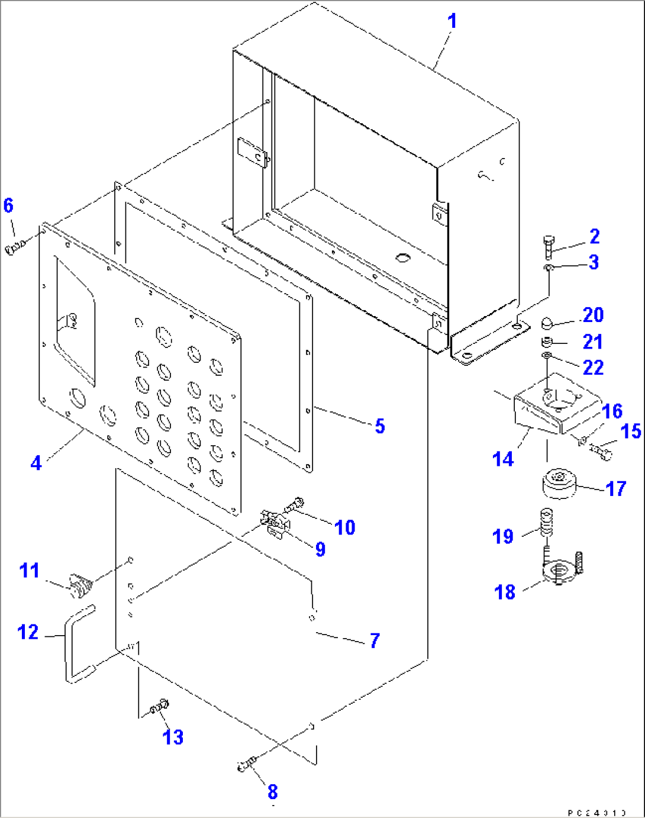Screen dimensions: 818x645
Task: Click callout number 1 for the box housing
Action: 452,21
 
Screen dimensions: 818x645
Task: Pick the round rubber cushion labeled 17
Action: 559,485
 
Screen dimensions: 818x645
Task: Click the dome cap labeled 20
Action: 547,324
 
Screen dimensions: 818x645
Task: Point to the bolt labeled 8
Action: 246,765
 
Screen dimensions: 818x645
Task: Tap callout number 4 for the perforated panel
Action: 36,462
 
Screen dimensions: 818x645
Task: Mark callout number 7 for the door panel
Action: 374,640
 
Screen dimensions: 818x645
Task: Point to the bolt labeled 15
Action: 601,454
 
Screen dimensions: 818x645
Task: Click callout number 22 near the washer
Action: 593,368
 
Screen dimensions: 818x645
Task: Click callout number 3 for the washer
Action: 594,262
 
